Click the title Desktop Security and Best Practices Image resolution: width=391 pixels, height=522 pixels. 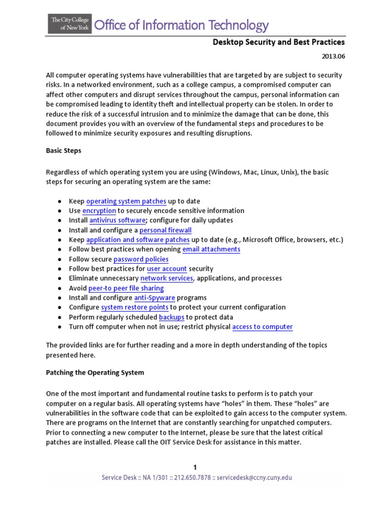point(278,42)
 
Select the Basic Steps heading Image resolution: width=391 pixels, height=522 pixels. point(63,151)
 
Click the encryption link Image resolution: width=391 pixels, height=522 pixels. point(99,211)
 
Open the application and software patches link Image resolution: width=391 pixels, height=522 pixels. point(138,240)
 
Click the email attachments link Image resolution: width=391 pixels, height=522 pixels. point(211,249)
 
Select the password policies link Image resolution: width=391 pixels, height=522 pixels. point(141,259)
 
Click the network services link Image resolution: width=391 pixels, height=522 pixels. point(167,278)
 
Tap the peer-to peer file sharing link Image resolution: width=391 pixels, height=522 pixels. point(126,289)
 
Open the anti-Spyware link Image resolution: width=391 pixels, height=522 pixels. point(155,298)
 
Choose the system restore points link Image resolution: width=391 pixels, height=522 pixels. point(135,307)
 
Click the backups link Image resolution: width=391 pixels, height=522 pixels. point(172,317)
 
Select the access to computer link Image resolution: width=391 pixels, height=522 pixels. point(262,327)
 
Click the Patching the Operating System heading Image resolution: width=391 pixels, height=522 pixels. point(95,373)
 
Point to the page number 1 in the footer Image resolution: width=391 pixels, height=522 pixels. point(195,467)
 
